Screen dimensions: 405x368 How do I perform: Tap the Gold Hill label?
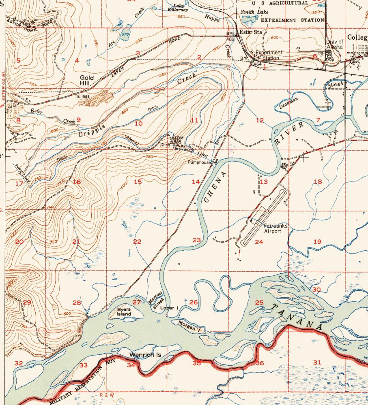pyautogui.click(x=86, y=80)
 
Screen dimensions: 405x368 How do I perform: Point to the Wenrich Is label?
pyautogui.click(x=145, y=355)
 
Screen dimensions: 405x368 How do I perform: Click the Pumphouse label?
pyautogui.click(x=199, y=162)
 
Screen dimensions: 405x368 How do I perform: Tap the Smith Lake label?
pyautogui.click(x=254, y=13)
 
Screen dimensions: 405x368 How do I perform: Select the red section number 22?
pyautogui.click(x=137, y=242)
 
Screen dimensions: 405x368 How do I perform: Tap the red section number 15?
pyautogui.click(x=138, y=181)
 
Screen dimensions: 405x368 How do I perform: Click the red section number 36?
pyautogui.click(x=259, y=363)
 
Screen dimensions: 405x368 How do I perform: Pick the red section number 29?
pyautogui.click(x=27, y=303)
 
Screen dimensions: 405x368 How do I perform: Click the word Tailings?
pyautogui.click(x=82, y=96)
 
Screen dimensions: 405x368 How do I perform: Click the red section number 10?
pyautogui.click(x=138, y=124)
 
